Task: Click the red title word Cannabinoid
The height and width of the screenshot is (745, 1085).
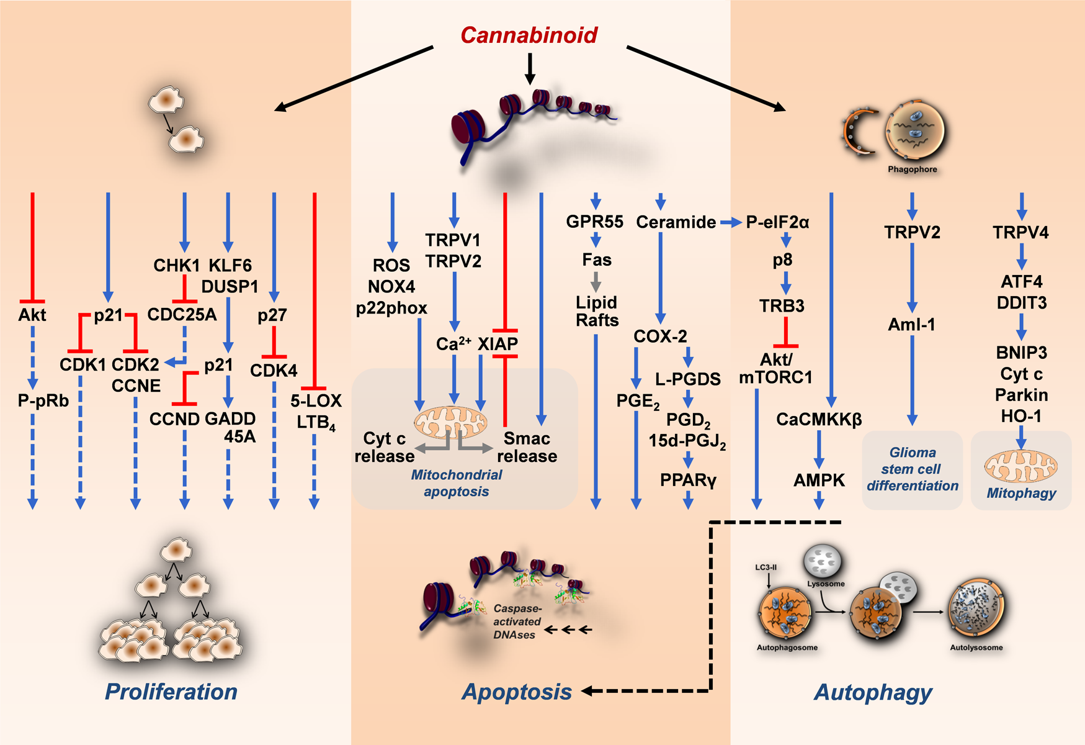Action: pyautogui.click(x=529, y=35)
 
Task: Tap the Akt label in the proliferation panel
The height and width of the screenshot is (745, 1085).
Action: pyautogui.click(x=32, y=315)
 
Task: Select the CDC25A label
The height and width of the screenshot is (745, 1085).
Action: pyautogui.click(x=182, y=315)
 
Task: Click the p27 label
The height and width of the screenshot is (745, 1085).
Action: pyautogui.click(x=272, y=315)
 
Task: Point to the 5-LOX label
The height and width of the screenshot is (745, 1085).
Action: pyautogui.click(x=316, y=400)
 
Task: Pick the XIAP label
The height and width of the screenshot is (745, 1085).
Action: pyautogui.click(x=498, y=344)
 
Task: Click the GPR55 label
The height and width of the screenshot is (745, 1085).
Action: pyautogui.click(x=594, y=222)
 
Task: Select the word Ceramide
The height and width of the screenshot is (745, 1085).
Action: pyautogui.click(x=676, y=222)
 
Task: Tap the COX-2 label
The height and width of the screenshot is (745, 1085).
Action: pyautogui.click(x=660, y=336)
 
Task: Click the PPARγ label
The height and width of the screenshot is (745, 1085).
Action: pyautogui.click(x=688, y=480)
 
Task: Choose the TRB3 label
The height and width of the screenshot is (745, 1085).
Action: pyautogui.click(x=782, y=306)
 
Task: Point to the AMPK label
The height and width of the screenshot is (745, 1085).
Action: pyautogui.click(x=819, y=480)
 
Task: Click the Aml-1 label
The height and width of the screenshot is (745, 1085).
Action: pyautogui.click(x=911, y=325)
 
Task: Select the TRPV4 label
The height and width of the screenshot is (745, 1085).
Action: pyautogui.click(x=1020, y=233)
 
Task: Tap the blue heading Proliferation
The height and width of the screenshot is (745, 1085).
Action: pyautogui.click(x=171, y=692)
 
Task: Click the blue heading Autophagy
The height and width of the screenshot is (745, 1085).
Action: pyautogui.click(x=873, y=692)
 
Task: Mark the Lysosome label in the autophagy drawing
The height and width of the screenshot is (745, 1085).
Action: pyautogui.click(x=826, y=584)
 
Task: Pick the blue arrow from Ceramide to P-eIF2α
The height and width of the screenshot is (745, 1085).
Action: pyautogui.click(x=731, y=222)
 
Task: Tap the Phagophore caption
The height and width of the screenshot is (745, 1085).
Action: pyautogui.click(x=912, y=169)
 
